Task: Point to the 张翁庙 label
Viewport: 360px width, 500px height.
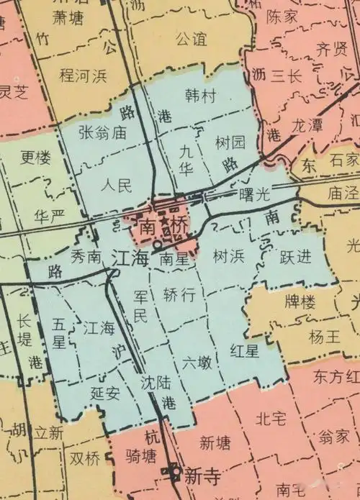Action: tap(103, 132)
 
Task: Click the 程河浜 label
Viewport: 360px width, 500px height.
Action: tap(84, 75)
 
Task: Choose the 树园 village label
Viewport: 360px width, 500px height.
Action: tap(230, 142)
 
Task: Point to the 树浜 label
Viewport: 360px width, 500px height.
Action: tap(229, 255)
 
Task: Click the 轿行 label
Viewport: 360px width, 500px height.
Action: tap(179, 295)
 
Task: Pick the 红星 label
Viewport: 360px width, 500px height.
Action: tap(243, 351)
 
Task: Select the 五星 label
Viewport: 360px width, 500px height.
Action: tap(59, 333)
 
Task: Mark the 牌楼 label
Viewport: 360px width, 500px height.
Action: tap(299, 303)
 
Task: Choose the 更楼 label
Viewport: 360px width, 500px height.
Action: tap(35, 157)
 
